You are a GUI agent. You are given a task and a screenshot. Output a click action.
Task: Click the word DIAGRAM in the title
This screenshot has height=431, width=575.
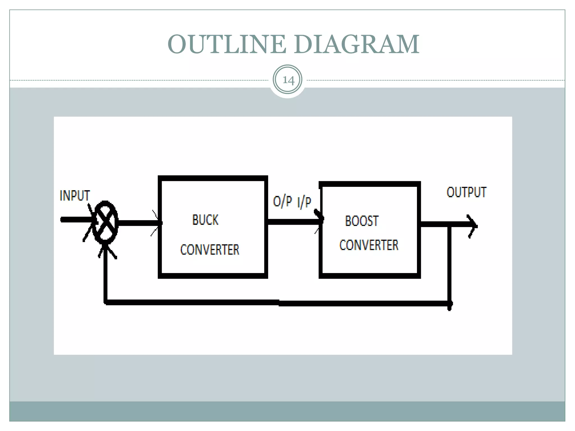point(357,44)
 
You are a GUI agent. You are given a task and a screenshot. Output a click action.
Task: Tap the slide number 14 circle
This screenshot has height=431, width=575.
point(287,80)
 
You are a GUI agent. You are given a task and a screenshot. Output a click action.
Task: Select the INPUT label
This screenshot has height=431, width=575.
point(75,196)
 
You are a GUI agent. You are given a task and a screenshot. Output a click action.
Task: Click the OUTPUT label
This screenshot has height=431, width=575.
point(466,192)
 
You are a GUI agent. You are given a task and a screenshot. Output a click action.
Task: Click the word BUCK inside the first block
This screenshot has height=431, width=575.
point(205,220)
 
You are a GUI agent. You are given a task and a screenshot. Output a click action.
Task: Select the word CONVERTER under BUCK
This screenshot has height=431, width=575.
point(210,250)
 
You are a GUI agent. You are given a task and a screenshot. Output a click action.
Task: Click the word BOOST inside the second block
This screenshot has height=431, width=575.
point(362,221)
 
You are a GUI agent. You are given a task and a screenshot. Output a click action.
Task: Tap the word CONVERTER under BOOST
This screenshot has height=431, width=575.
point(369,245)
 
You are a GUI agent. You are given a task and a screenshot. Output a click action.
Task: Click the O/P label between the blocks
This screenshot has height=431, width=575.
point(282,201)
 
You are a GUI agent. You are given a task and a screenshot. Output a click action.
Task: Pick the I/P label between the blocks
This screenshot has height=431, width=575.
point(304,202)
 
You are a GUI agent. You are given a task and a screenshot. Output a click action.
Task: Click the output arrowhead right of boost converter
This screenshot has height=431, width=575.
point(473,226)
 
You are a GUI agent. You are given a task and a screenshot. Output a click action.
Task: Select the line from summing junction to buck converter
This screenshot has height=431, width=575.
point(138,223)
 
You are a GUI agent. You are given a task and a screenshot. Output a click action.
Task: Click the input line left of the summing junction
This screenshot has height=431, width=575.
point(76,220)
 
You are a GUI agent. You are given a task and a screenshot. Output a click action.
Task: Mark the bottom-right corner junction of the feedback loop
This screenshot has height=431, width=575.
point(449,304)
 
